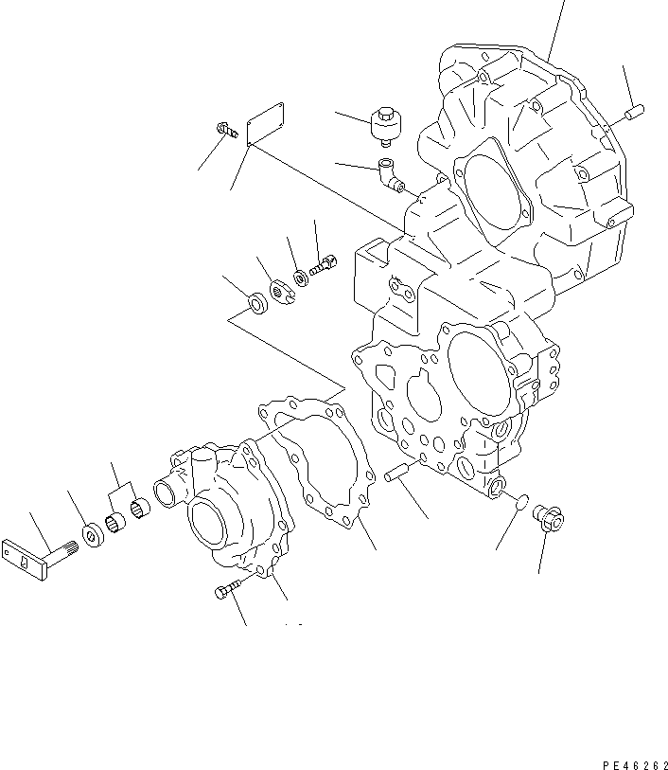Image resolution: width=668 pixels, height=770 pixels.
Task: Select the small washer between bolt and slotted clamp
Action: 301,277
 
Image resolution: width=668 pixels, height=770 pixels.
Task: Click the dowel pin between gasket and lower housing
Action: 396,473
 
